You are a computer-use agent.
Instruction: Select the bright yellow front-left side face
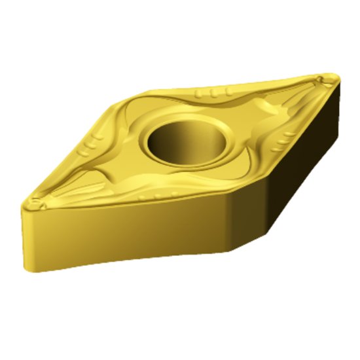[x=131, y=236]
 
